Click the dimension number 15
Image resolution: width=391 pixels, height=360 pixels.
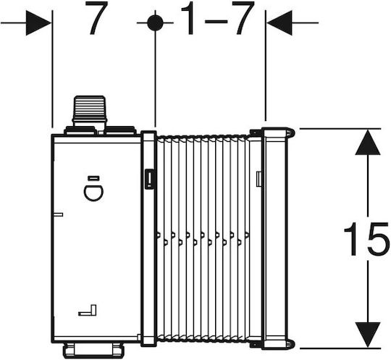[x=366, y=239]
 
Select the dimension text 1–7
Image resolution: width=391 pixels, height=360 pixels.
[x=218, y=17]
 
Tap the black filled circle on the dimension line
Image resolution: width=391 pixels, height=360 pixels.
[x=155, y=22]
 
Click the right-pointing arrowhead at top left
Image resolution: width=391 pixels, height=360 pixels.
[x=38, y=23]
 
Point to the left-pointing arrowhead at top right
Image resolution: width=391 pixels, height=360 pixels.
[x=279, y=22]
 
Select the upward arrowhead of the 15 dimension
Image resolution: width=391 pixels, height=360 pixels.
[x=368, y=142]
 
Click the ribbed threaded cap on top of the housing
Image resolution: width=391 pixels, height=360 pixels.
[x=90, y=109]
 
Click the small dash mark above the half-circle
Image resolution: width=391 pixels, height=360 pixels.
[x=94, y=178]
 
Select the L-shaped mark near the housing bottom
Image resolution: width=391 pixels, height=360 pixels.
[x=88, y=310]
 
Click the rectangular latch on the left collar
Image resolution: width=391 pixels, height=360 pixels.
[x=149, y=178]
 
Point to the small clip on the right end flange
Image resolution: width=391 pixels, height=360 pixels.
[x=259, y=179]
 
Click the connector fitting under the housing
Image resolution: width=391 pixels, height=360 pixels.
[x=92, y=350]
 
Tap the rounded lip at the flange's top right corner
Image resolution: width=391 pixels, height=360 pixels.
[x=291, y=133]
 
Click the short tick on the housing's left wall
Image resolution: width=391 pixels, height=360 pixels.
[x=59, y=214]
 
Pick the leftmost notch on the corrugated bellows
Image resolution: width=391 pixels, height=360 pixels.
[x=159, y=235]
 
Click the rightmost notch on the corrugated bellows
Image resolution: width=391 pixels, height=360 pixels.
[x=247, y=235]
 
